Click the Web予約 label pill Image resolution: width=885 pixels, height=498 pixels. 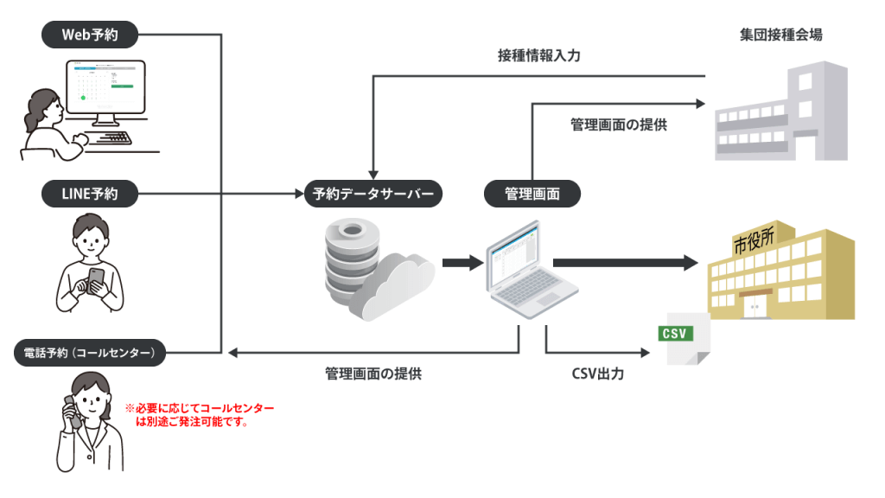[x=90, y=35]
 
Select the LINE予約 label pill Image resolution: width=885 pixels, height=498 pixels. [x=90, y=195]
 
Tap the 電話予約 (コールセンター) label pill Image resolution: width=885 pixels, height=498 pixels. [x=90, y=352]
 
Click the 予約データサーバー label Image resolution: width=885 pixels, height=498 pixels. [x=373, y=195]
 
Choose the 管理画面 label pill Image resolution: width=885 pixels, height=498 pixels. [x=532, y=195]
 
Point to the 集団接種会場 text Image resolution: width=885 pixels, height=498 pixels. [x=780, y=35]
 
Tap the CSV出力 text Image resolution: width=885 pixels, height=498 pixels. [x=598, y=374]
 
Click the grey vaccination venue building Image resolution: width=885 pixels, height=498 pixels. [x=781, y=112]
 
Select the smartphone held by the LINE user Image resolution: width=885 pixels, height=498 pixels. [x=96, y=279]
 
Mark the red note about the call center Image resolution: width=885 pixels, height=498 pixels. [x=200, y=415]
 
